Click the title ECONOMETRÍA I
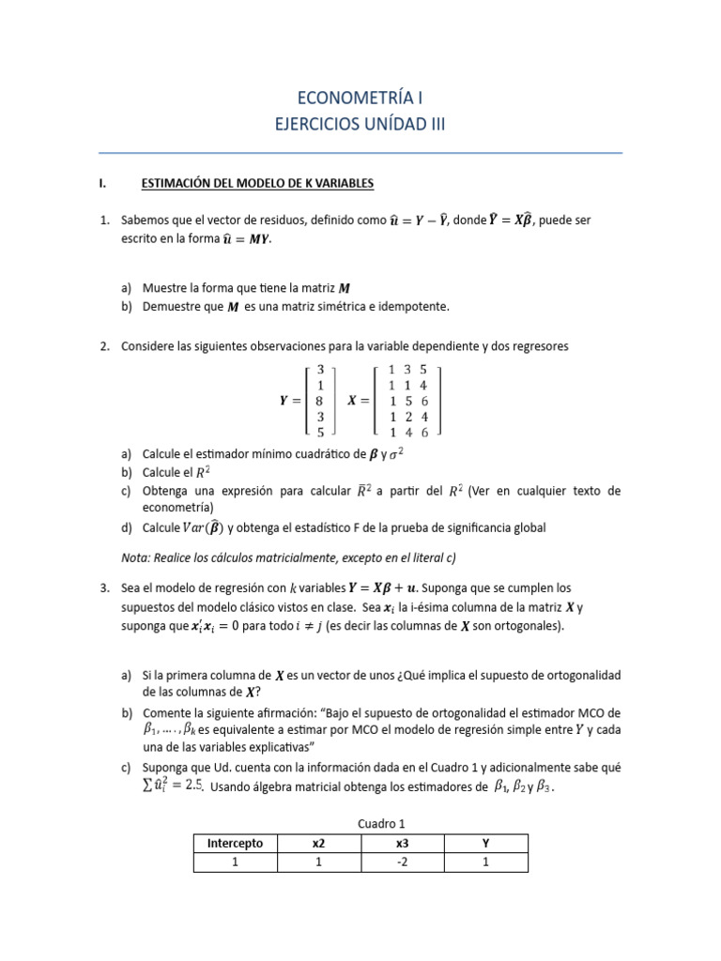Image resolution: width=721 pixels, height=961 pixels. click(x=360, y=97)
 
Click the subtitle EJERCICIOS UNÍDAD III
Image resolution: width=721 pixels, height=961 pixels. click(x=360, y=125)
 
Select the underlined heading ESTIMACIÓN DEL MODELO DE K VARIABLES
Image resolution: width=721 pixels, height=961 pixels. click(x=257, y=184)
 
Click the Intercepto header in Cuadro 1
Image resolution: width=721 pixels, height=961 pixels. click(x=235, y=844)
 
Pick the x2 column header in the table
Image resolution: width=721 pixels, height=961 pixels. click(x=318, y=844)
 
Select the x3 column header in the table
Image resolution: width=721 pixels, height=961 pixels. click(x=402, y=844)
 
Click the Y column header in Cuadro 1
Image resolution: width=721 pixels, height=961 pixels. click(x=485, y=844)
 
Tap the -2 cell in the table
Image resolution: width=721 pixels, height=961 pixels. click(x=402, y=862)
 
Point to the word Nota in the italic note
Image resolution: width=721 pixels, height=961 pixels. click(x=137, y=557)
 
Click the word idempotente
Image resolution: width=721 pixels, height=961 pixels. click(x=415, y=307)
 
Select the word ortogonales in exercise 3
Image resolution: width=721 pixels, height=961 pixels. click(x=528, y=627)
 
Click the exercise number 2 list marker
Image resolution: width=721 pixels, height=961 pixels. click(x=104, y=346)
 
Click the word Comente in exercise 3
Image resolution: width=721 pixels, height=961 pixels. click(x=168, y=712)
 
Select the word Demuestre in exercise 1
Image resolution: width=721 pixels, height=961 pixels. click(x=172, y=307)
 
